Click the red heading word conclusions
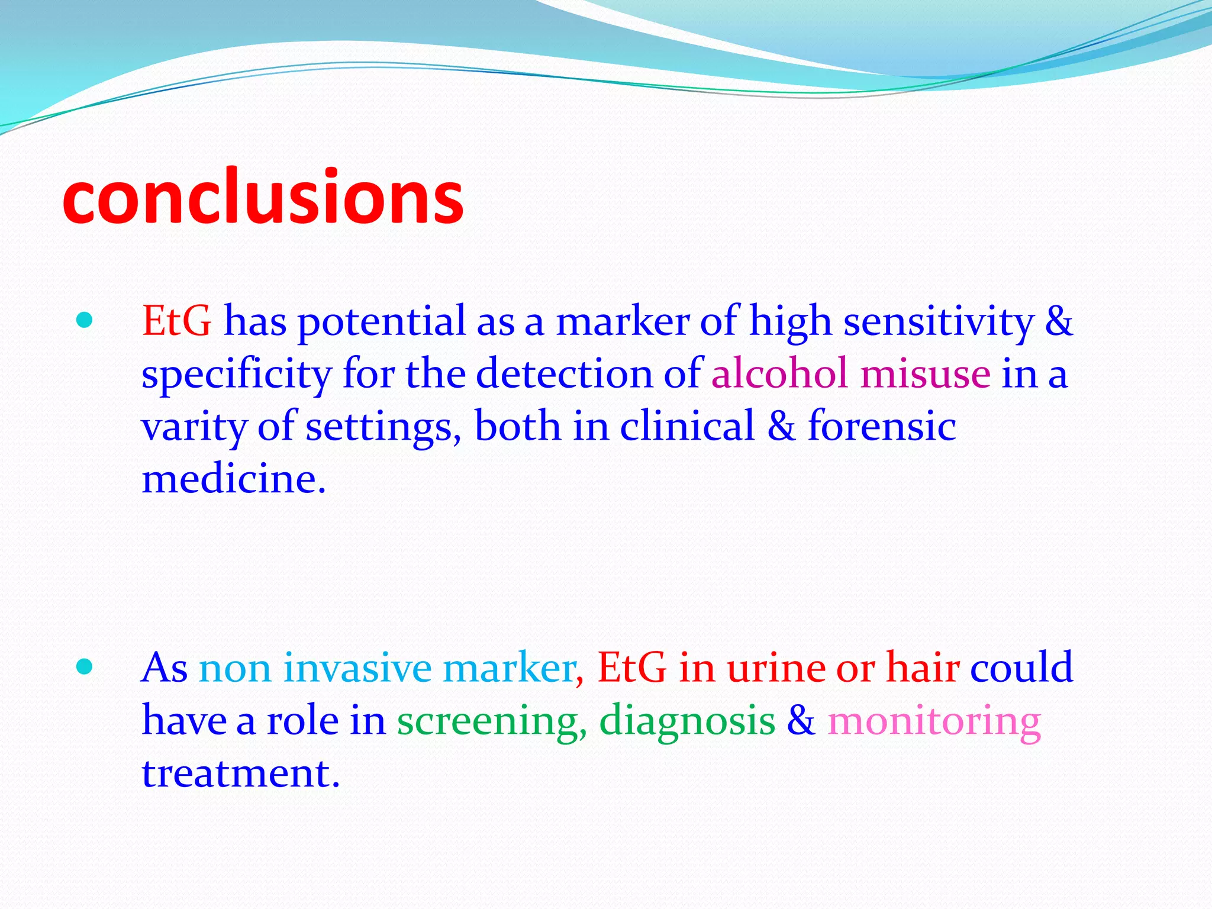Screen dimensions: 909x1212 263,198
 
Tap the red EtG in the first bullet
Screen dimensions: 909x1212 176,321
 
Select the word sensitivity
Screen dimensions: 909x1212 938,323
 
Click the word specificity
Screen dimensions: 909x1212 236,375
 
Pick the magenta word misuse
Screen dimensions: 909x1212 925,374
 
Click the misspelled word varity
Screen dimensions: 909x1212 194,427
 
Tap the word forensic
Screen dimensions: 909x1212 882,426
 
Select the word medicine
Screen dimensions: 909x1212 233,479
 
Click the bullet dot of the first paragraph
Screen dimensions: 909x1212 85,321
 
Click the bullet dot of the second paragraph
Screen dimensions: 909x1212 85,667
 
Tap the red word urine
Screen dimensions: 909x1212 776,668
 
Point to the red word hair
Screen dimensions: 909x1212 923,668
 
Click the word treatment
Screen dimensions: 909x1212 240,773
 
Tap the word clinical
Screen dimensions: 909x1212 687,426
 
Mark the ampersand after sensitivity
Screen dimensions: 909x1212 1059,323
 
